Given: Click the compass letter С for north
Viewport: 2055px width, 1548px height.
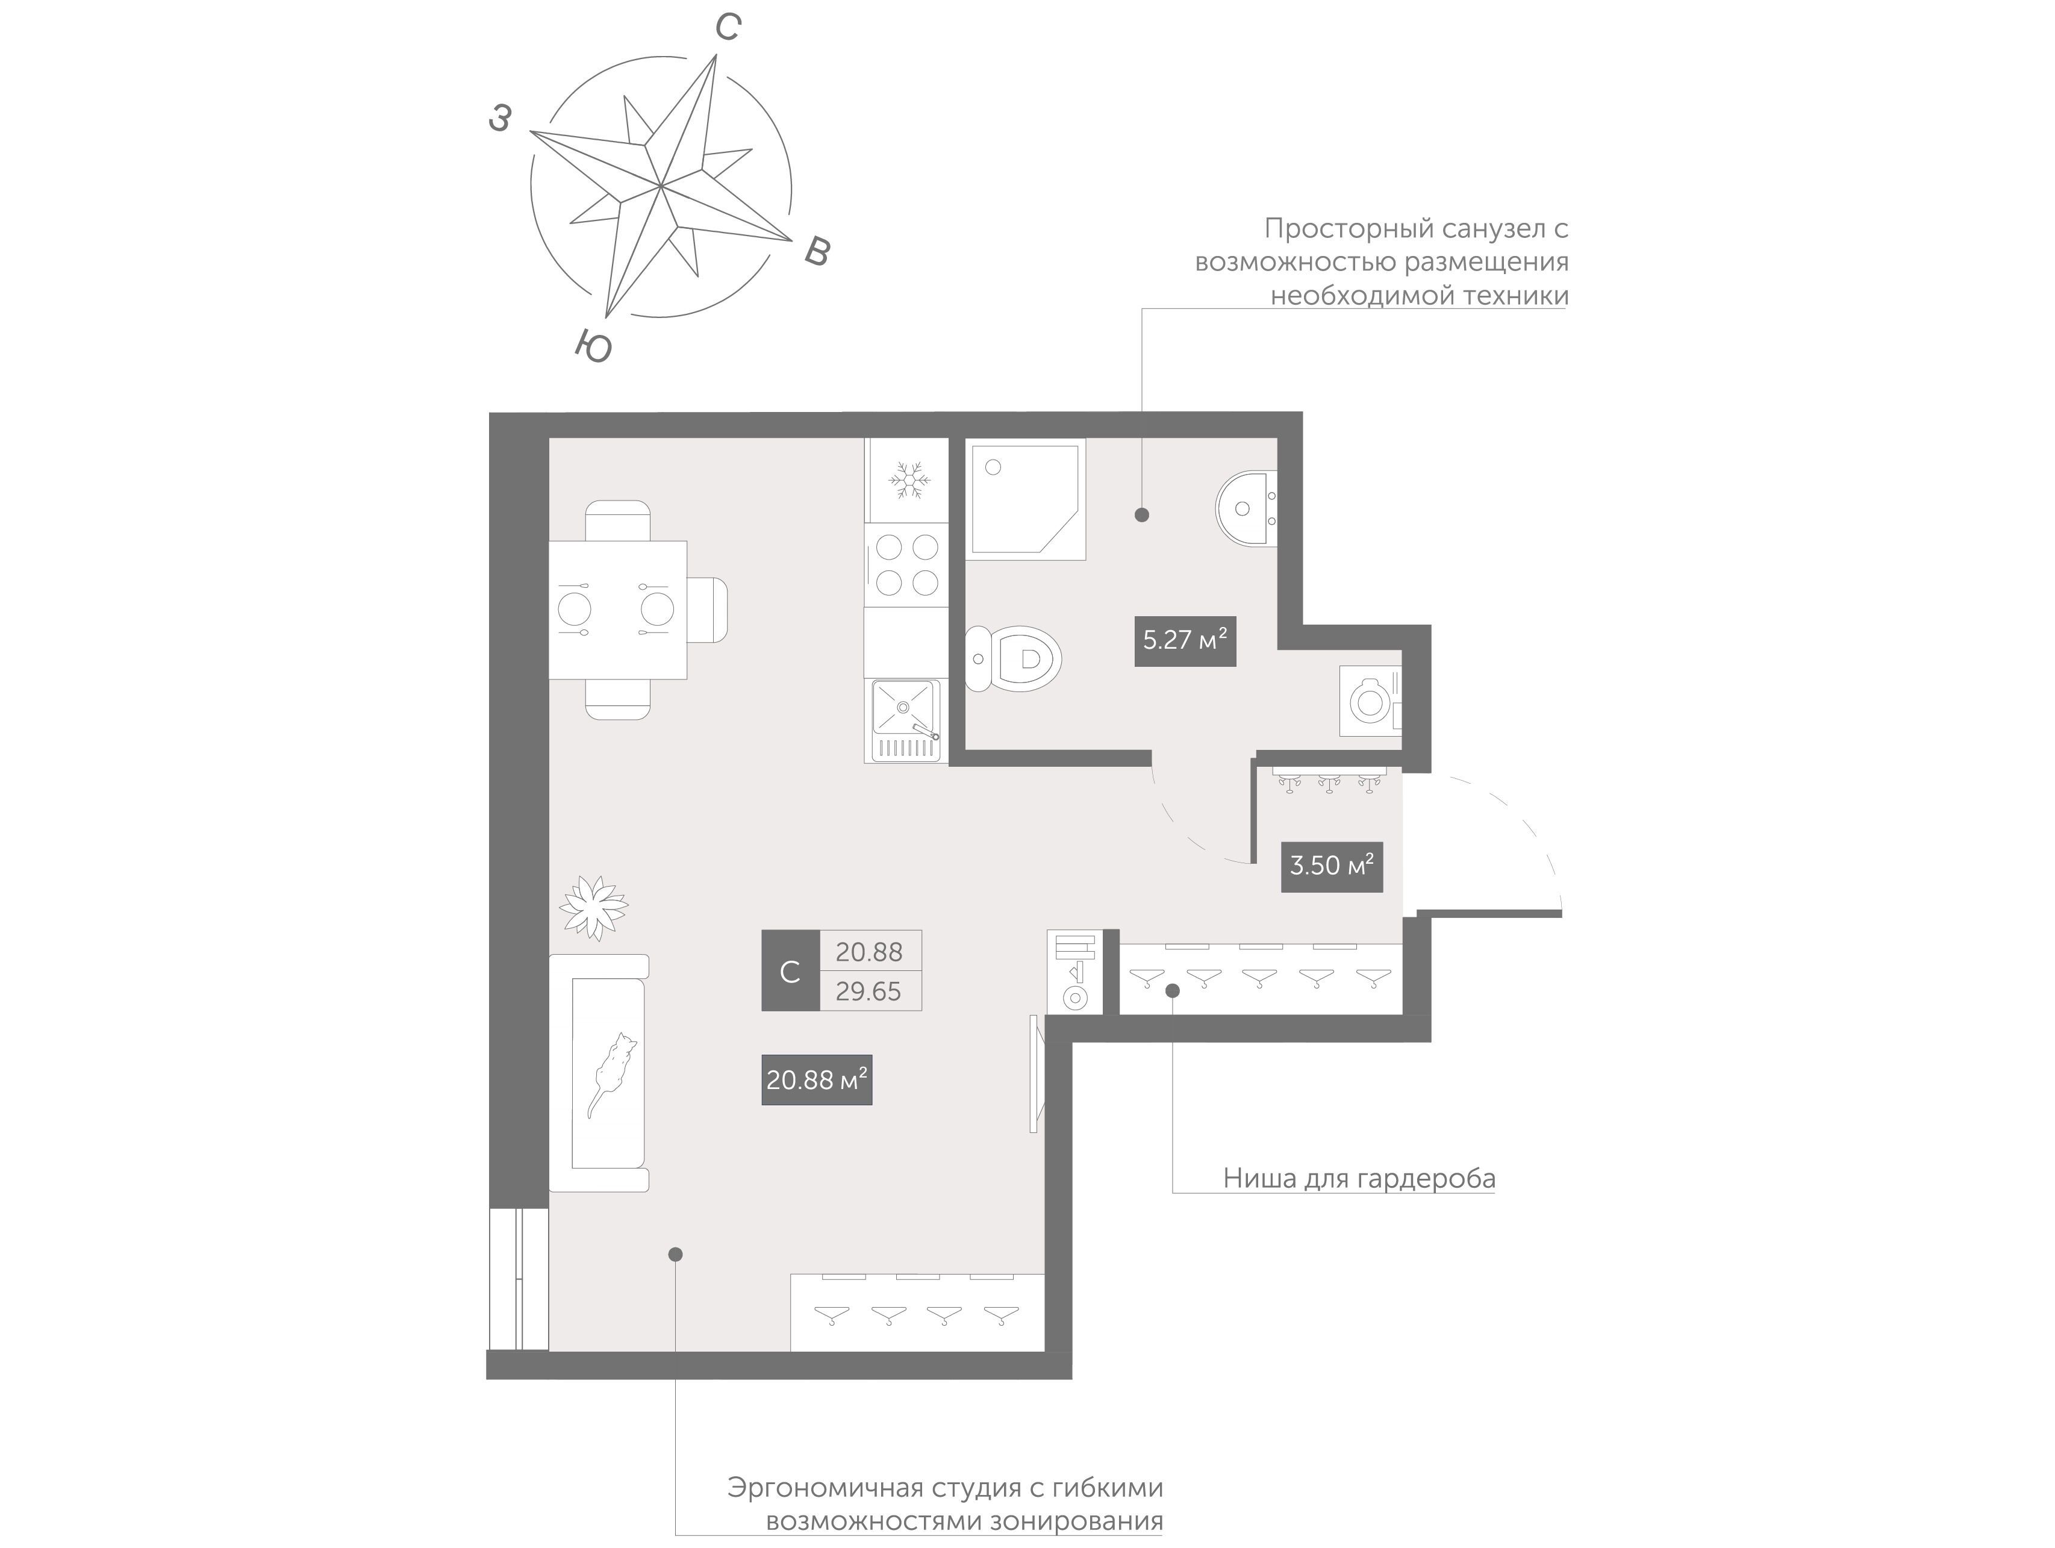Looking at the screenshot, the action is tap(728, 28).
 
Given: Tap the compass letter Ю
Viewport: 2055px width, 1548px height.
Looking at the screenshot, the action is tap(593, 346).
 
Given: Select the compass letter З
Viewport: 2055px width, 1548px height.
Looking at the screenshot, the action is tap(500, 118).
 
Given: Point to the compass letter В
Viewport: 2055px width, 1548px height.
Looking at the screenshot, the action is tap(817, 251).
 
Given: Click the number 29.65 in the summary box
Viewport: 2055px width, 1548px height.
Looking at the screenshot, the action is tap(868, 991).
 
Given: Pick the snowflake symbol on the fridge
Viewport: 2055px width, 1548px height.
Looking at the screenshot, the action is tap(909, 479).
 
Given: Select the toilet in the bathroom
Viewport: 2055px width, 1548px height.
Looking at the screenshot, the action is tap(1012, 659).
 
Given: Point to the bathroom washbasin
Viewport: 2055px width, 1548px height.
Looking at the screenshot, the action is tap(1246, 510).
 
